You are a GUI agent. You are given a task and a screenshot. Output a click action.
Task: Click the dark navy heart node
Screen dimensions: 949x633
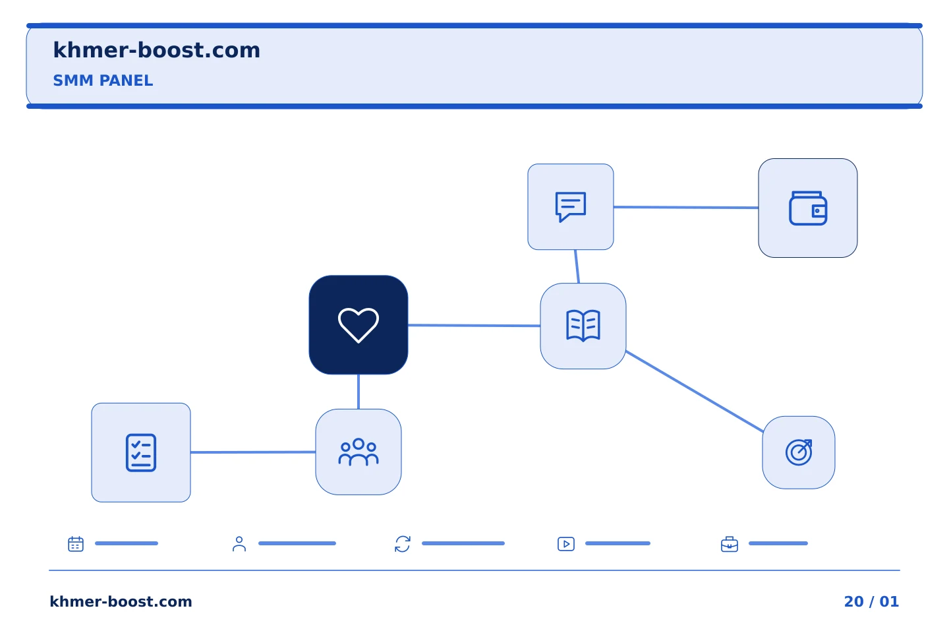(x=359, y=325)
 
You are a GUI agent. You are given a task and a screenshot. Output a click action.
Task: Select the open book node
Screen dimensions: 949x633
(x=583, y=326)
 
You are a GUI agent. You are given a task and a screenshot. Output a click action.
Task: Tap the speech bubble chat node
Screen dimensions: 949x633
(x=571, y=207)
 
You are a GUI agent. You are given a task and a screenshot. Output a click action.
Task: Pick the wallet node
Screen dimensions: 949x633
(x=808, y=208)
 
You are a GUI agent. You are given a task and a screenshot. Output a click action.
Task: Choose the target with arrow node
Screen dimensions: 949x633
(x=799, y=452)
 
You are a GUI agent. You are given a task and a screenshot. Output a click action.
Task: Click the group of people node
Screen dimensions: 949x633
(x=359, y=452)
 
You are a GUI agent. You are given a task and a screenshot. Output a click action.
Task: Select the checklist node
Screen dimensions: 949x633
(x=141, y=452)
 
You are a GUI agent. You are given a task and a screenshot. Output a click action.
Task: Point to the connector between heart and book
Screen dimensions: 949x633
(x=474, y=325)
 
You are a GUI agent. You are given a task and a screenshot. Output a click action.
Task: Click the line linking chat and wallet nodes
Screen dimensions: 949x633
(x=686, y=207)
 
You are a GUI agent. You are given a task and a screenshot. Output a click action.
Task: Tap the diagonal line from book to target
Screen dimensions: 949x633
(x=695, y=391)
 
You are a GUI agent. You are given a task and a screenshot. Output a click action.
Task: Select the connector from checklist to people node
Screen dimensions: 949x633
(x=253, y=452)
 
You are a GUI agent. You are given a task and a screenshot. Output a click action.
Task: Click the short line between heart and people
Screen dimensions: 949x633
(x=359, y=392)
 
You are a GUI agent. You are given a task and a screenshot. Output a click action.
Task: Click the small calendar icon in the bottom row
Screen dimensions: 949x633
(x=76, y=543)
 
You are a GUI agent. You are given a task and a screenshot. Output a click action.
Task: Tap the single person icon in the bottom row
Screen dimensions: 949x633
(x=239, y=544)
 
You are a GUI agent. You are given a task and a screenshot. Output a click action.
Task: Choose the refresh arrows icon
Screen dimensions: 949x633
(x=403, y=544)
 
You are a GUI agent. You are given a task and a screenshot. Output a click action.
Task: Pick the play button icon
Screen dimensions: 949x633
(x=566, y=544)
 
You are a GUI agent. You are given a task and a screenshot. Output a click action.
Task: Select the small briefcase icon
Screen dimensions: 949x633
(x=730, y=545)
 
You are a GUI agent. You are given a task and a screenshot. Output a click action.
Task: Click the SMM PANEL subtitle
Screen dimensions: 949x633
(x=103, y=80)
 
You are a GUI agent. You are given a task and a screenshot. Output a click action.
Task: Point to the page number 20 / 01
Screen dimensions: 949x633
(x=871, y=601)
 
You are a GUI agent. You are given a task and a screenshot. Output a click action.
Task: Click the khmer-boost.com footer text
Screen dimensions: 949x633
(x=121, y=601)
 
